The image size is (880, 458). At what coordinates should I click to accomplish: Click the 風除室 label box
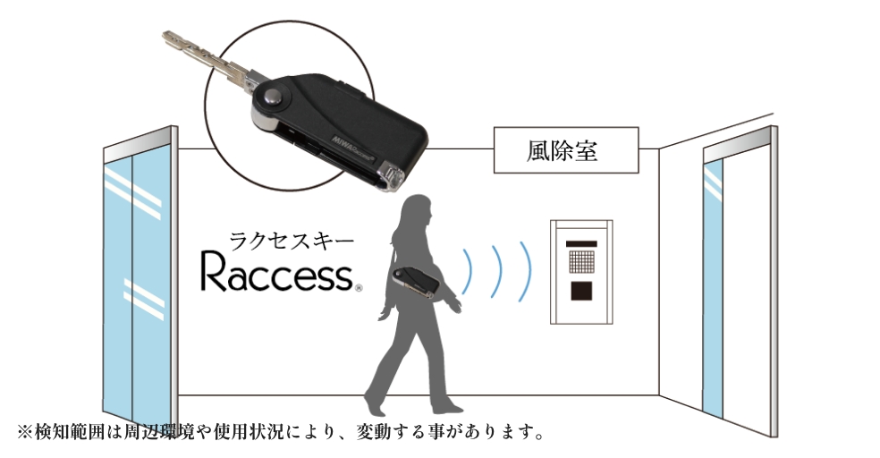[566, 149]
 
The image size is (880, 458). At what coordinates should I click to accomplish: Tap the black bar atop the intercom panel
[580, 240]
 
